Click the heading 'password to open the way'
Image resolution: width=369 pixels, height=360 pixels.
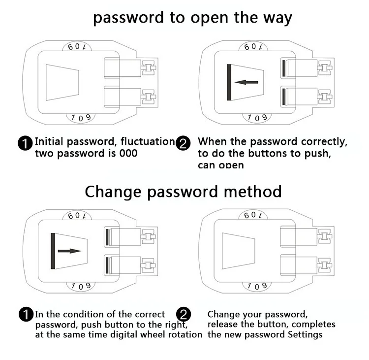pyautogui.click(x=192, y=18)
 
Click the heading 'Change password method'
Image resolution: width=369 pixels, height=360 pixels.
pyautogui.click(x=183, y=191)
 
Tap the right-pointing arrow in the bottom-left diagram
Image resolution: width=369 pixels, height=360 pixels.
pyautogui.click(x=69, y=251)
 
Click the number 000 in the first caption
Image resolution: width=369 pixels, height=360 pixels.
pyautogui.click(x=128, y=153)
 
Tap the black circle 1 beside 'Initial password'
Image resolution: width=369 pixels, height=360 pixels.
pyautogui.click(x=25, y=144)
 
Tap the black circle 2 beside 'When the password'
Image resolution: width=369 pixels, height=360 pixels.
pyautogui.click(x=183, y=144)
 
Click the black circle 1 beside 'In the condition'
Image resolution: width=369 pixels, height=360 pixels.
pyautogui.click(x=25, y=315)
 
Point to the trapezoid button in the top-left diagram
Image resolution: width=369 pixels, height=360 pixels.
pyautogui.click(x=62, y=82)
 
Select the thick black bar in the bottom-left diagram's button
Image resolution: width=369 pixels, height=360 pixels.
pyautogui.click(x=53, y=251)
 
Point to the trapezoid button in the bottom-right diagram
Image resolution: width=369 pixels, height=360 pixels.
pyautogui.click(x=238, y=251)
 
